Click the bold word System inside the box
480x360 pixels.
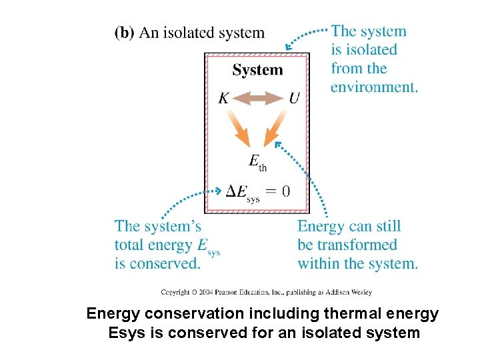[257, 70]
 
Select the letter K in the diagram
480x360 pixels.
[224, 99]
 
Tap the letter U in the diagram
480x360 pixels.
[294, 99]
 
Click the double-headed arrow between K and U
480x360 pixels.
[259, 99]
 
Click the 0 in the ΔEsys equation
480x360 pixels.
[286, 191]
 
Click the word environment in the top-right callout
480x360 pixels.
[373, 87]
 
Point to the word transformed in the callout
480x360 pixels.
[357, 245]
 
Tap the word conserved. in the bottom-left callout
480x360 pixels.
[167, 263]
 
